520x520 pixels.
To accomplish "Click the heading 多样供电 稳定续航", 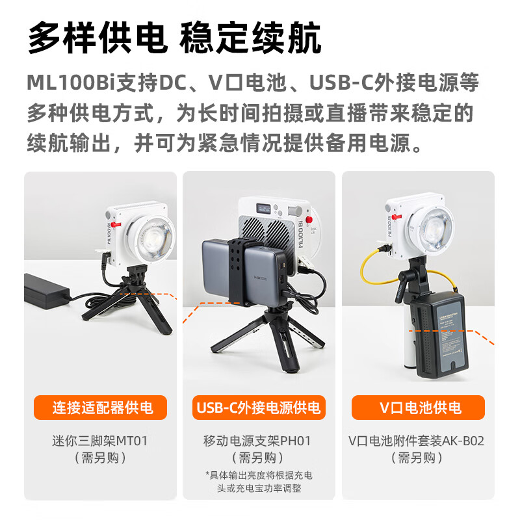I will click(x=174, y=38).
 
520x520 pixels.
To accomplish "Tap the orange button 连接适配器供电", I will click(x=102, y=408).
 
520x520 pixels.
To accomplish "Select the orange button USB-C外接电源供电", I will click(x=259, y=408).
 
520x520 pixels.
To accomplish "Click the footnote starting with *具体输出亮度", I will click(x=258, y=481).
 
